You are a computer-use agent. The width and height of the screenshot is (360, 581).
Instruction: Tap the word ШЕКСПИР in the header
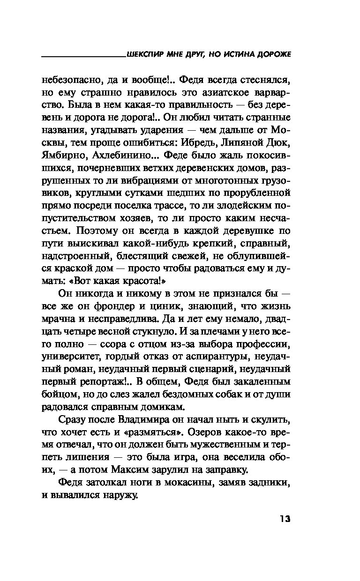(144, 55)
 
